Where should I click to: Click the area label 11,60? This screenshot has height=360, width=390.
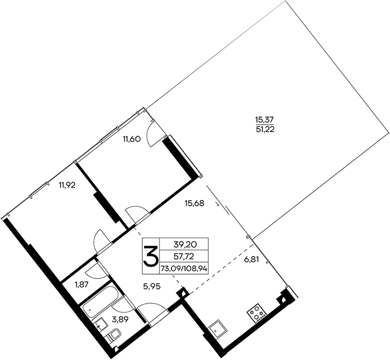pos(133,139)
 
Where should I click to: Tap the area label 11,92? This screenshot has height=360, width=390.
pos(67,184)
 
